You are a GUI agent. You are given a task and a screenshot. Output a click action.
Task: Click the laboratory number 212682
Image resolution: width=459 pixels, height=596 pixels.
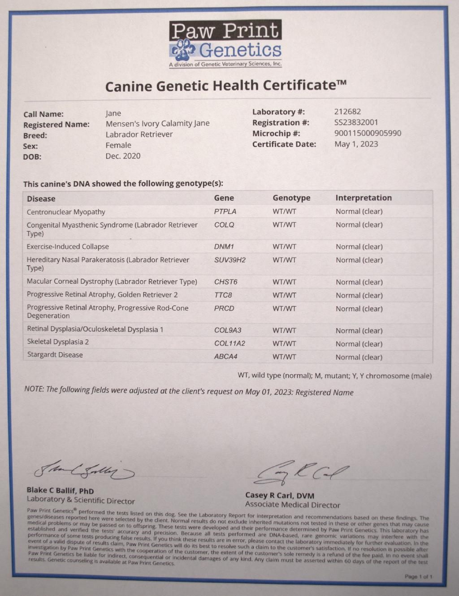tap(347, 112)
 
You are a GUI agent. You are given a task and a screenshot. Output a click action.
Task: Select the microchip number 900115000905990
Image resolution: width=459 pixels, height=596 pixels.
tap(368, 133)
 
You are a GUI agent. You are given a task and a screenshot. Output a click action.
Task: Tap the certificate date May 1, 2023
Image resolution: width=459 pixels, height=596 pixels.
tap(356, 144)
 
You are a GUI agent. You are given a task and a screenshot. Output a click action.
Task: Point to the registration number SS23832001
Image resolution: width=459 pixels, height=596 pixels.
tap(356, 122)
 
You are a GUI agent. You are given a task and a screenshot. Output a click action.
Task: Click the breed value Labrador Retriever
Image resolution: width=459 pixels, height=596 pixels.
tap(139, 134)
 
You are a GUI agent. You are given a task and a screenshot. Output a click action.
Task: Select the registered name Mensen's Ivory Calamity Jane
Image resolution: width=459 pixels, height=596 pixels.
tap(157, 123)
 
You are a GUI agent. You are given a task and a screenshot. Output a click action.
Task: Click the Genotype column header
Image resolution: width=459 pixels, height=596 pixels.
tap(291, 198)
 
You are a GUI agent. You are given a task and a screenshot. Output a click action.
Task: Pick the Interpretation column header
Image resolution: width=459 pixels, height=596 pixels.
tap(364, 198)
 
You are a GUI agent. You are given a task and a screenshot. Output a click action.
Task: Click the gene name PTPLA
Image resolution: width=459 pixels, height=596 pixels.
tap(225, 212)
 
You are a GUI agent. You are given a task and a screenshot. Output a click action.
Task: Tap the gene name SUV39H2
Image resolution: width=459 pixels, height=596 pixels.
tap(230, 260)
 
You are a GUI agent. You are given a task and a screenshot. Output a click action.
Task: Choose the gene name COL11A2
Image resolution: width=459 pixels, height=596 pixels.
tap(229, 344)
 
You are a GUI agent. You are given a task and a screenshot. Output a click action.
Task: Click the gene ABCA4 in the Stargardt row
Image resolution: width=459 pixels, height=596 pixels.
tap(225, 357)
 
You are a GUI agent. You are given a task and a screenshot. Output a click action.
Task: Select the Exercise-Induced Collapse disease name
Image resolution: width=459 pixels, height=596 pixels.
tap(68, 246)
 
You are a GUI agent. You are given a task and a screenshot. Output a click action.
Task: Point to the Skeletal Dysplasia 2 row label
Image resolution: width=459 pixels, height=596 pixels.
tap(58, 342)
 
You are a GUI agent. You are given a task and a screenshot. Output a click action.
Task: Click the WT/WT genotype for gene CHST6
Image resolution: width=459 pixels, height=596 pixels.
tap(284, 282)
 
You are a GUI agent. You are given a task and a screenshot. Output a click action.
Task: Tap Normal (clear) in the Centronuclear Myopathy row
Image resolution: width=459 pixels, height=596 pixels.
tap(359, 212)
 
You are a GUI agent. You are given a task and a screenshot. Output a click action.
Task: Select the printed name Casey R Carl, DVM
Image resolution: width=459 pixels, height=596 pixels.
tap(280, 496)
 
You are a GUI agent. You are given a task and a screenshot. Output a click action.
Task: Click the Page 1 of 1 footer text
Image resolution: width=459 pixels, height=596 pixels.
tap(418, 577)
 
